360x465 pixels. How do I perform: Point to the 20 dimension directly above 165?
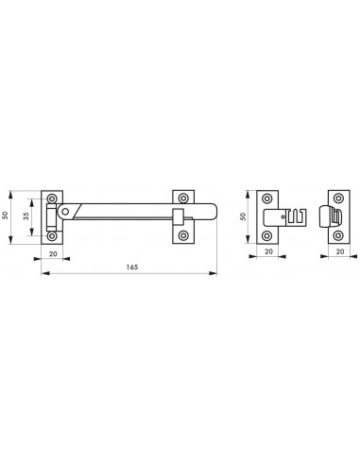pyautogui.click(x=52, y=253)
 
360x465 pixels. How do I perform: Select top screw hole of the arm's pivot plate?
pyautogui.click(x=53, y=199)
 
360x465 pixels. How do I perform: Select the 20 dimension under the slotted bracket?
pyautogui.click(x=269, y=253)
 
